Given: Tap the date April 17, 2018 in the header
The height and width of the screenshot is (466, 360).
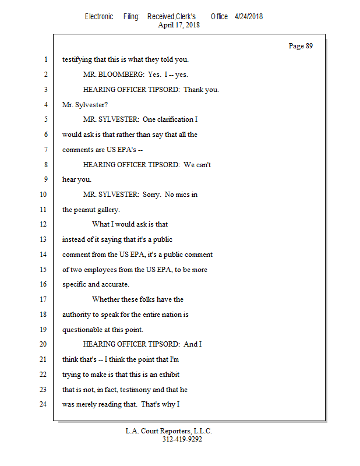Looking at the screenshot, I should pos(179,25).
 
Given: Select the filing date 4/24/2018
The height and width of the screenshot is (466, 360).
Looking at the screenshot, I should pos(249,16).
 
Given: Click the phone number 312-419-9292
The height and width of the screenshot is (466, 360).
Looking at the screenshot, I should pos(182,439).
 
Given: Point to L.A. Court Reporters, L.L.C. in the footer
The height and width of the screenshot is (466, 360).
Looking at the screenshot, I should pos(169,431).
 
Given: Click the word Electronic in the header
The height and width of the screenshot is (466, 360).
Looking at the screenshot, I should pos(99,16).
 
